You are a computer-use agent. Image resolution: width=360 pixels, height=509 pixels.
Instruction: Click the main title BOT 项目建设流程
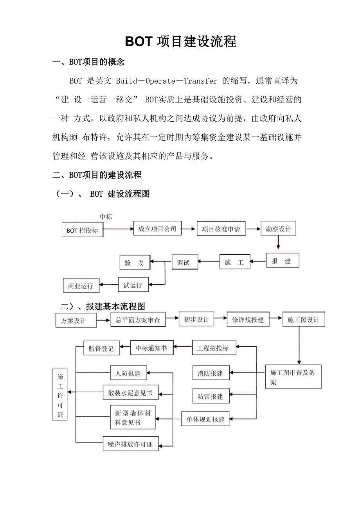pyautogui.click(x=180, y=41)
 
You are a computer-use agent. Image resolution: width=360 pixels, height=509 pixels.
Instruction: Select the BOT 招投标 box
pyautogui.click(x=82, y=230)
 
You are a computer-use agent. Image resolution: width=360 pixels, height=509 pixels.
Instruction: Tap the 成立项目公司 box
pyautogui.click(x=157, y=229)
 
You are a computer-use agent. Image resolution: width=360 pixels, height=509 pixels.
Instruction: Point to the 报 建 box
pyautogui.click(x=283, y=261)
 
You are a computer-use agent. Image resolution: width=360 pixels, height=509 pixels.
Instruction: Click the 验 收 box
pyautogui.click(x=135, y=263)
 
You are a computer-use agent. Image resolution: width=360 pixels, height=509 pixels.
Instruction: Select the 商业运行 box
pyautogui.click(x=81, y=286)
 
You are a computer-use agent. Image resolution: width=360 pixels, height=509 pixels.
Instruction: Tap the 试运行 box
pyautogui.click(x=133, y=285)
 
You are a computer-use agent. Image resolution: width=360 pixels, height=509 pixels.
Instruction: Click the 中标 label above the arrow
pyautogui.click(x=106, y=217)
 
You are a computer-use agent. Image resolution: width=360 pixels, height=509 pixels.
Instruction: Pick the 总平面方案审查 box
pyautogui.click(x=138, y=320)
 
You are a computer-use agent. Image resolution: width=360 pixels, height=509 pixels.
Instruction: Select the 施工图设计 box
pyautogui.click(x=303, y=320)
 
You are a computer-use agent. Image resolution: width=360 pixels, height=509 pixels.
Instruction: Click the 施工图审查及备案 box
pyautogui.click(x=293, y=377)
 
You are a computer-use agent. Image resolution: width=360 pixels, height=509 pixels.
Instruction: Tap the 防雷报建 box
pyautogui.click(x=211, y=396)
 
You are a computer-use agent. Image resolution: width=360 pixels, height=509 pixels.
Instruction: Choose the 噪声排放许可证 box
pyautogui.click(x=131, y=444)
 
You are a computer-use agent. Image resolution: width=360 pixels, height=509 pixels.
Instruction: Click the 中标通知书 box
pyautogui.click(x=151, y=348)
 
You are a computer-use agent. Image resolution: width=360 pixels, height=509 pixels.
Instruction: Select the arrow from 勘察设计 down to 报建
pyautogui.click(x=278, y=242)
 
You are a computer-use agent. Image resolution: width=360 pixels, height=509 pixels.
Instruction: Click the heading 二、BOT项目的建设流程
pyautogui.click(x=97, y=175)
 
